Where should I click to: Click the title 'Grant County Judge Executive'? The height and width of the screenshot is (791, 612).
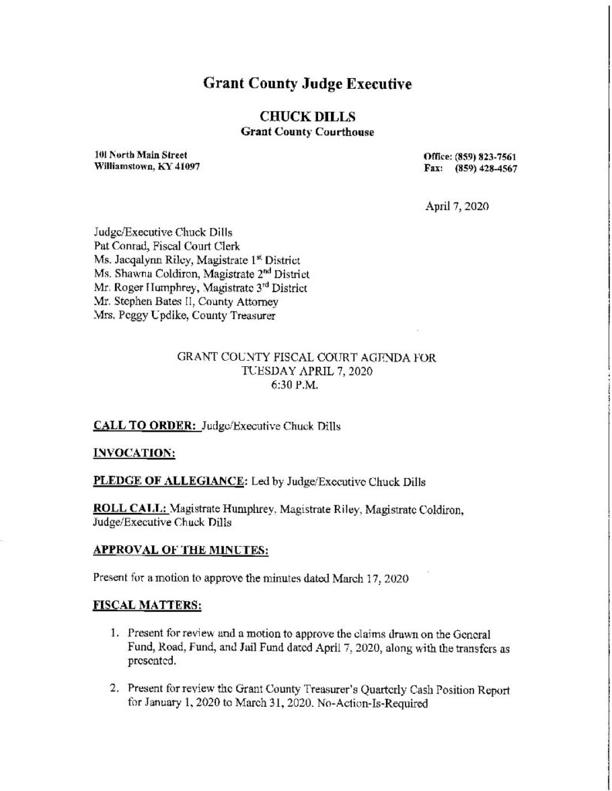306,83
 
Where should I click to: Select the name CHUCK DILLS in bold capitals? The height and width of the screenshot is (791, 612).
306,117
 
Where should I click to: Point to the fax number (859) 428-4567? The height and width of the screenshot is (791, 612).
485,168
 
